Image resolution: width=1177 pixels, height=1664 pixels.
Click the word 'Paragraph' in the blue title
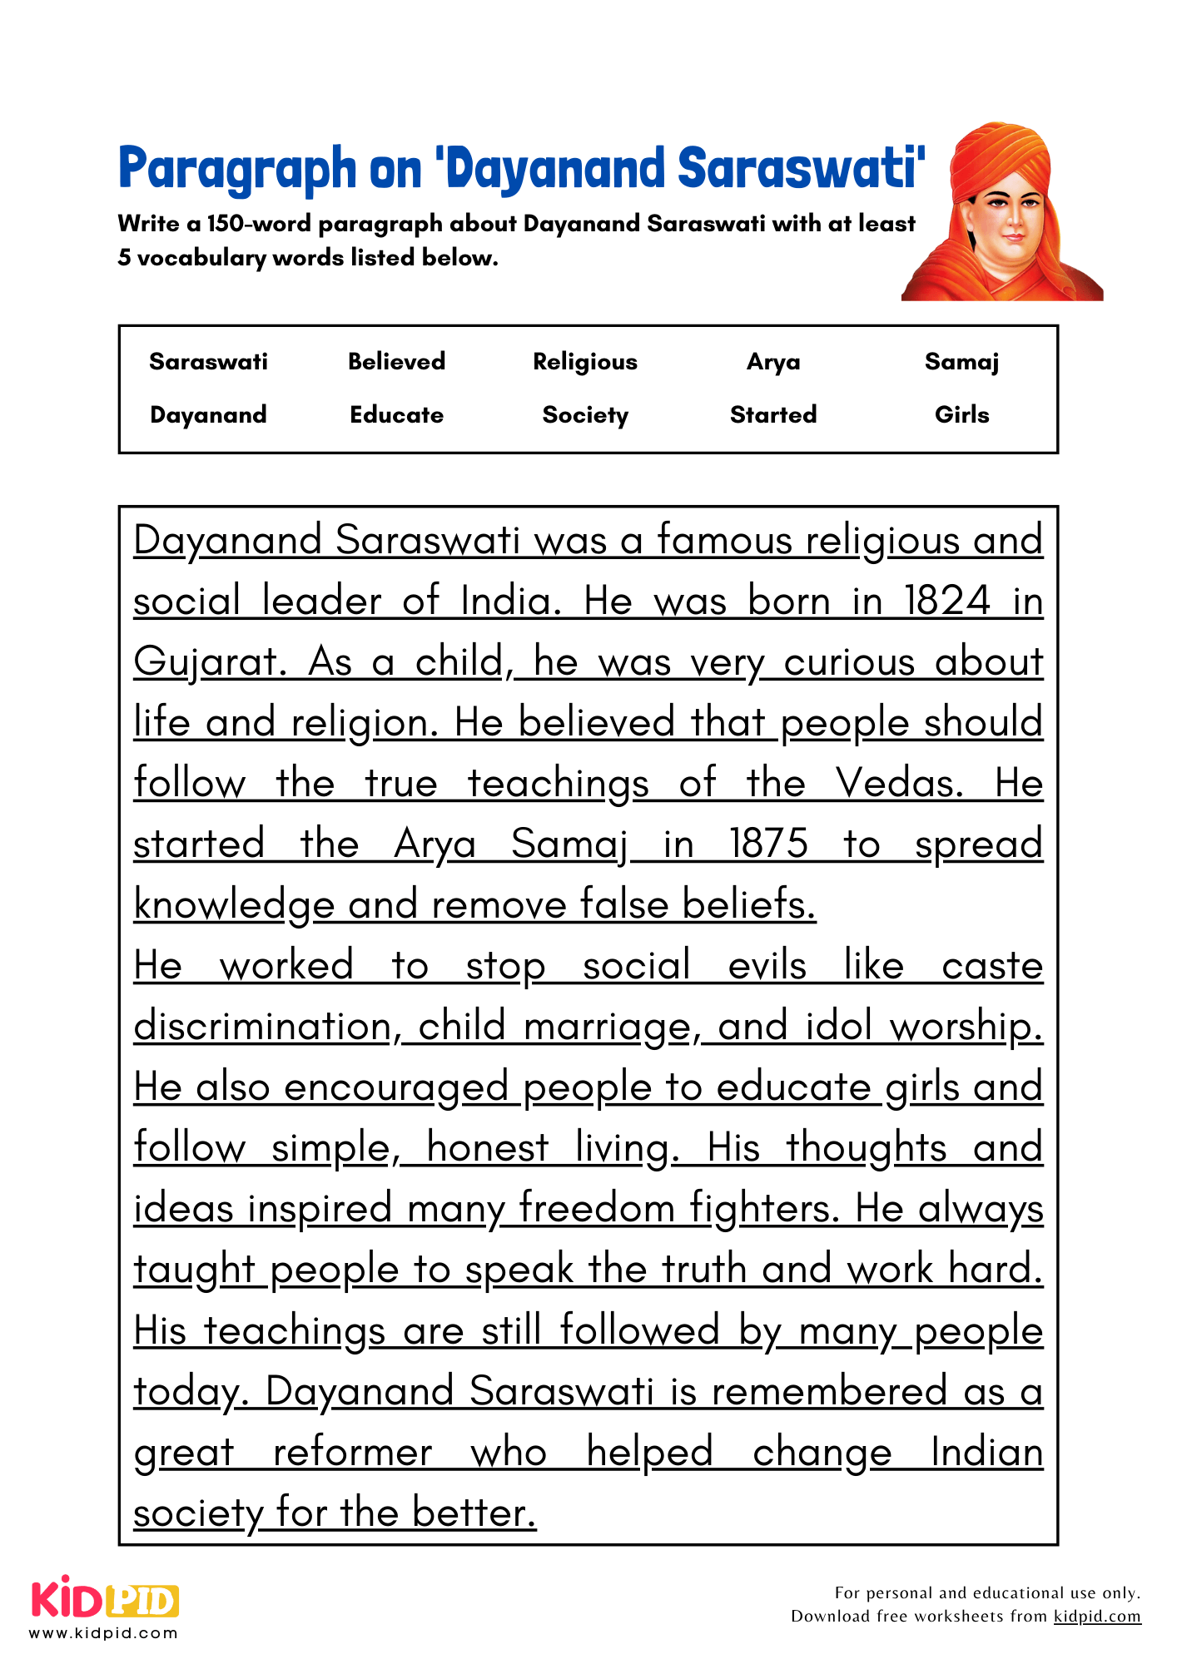click(x=236, y=169)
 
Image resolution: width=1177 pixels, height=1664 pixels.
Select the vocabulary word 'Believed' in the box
click(x=396, y=361)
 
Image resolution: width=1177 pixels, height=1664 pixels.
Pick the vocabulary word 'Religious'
click(x=585, y=361)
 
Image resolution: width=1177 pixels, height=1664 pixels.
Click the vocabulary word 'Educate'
click(x=396, y=414)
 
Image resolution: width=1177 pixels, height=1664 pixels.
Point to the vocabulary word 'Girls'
click(x=961, y=414)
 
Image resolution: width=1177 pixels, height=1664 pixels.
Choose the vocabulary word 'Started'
click(x=773, y=414)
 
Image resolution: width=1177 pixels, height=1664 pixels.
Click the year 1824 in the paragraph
click(x=947, y=601)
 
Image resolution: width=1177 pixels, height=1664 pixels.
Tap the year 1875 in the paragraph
click(x=768, y=844)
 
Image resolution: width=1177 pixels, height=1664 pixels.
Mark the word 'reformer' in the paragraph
click(x=352, y=1453)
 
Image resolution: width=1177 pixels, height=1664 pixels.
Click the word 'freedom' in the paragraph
click(x=597, y=1209)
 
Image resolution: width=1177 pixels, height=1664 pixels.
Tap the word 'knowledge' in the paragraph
click(x=234, y=905)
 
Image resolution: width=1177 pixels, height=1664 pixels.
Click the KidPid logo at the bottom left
click(x=105, y=1599)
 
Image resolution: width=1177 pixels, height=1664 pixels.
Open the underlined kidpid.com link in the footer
click(x=1096, y=1616)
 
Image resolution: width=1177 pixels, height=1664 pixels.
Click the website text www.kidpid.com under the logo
click(x=104, y=1632)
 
